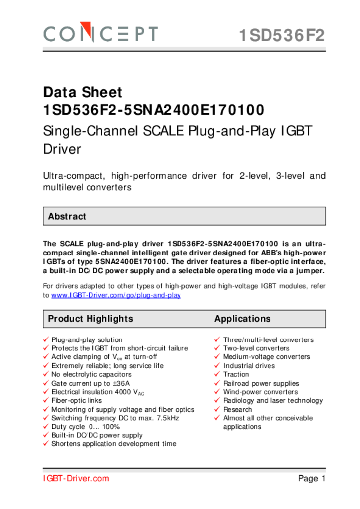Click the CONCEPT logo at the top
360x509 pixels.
tap(101, 34)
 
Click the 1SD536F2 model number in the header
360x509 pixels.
tap(281, 36)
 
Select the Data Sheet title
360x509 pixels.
tap(83, 93)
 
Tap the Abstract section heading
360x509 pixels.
tap(67, 217)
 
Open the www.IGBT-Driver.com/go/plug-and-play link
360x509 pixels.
tap(116, 295)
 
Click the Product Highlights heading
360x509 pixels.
tap(90, 319)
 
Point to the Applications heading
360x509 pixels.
tap(242, 319)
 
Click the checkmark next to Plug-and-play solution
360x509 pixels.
tap(46, 340)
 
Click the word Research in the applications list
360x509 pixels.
tap(237, 409)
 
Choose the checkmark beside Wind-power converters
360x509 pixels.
tap(217, 392)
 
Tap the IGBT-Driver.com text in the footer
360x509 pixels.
tap(76, 479)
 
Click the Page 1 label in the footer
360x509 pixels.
tap(312, 479)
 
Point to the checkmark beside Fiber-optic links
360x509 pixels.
tap(46, 401)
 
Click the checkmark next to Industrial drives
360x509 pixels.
tap(217, 366)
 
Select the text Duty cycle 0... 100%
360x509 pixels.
tap(86, 427)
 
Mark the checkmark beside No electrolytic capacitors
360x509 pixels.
tap(46, 375)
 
